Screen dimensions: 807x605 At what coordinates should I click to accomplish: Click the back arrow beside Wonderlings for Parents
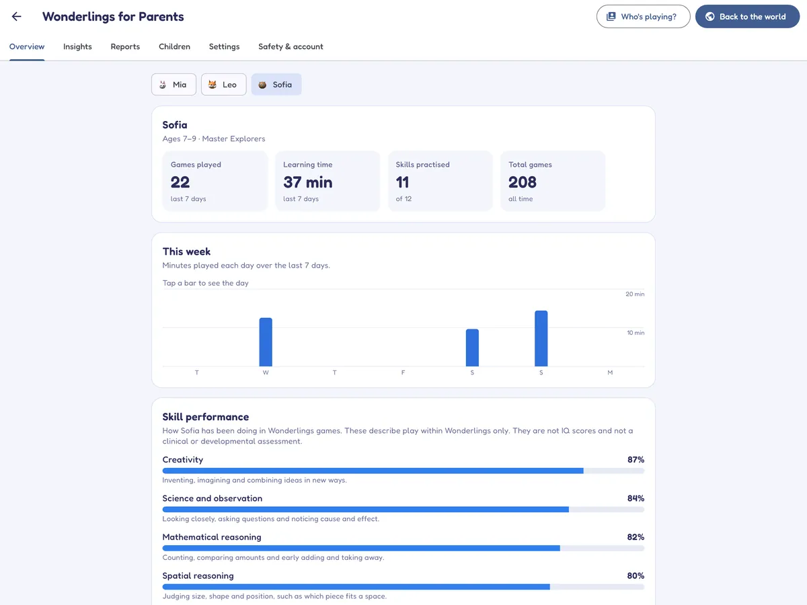coord(17,17)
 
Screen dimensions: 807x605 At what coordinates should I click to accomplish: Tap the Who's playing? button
coord(643,17)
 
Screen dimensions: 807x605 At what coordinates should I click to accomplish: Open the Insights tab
coord(77,46)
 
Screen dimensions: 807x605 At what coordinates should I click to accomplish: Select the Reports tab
coord(125,46)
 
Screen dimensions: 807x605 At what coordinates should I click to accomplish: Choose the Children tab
coord(174,46)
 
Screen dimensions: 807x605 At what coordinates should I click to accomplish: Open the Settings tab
coord(224,46)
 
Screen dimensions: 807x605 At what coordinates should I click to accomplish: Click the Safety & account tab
coord(291,46)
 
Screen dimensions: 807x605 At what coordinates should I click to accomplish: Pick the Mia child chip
coord(174,85)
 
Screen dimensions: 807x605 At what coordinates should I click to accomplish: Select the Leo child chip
coord(223,85)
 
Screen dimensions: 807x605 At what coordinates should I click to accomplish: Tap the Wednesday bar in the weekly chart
coord(266,342)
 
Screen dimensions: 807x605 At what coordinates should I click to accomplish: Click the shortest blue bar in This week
coord(472,348)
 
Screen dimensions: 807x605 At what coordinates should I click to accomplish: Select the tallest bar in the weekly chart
coord(541,338)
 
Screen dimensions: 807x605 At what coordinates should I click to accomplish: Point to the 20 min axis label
coord(635,294)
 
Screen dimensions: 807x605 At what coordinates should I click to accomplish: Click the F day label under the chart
coord(403,372)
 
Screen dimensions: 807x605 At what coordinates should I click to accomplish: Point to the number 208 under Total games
coord(523,182)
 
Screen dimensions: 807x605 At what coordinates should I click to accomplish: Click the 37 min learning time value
coord(308,182)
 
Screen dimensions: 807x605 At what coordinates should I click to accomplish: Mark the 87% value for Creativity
coord(636,460)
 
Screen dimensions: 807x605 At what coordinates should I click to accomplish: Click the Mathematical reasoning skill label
coord(212,537)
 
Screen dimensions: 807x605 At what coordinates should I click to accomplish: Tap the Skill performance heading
coord(206,417)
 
